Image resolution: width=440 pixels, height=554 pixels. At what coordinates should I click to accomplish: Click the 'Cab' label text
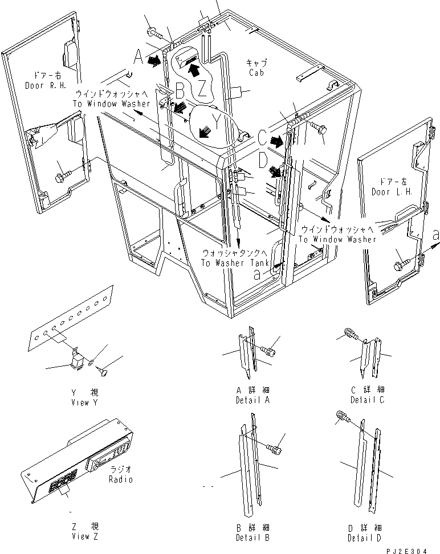[x=257, y=72]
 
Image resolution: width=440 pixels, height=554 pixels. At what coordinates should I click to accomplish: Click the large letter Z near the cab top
[x=202, y=89]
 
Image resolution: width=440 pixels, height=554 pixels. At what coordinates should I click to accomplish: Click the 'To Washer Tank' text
[x=230, y=262]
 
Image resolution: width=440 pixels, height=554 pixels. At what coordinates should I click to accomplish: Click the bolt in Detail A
[x=268, y=343]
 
